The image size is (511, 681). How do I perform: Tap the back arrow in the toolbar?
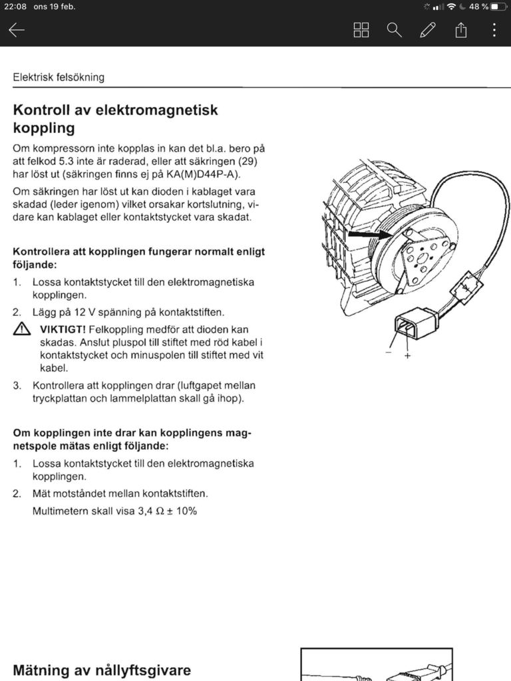click(17, 30)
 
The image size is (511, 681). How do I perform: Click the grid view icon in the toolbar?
click(361, 30)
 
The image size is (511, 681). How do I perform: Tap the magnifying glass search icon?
click(395, 30)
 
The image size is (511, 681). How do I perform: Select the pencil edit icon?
click(428, 30)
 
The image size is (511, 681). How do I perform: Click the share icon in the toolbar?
click(461, 30)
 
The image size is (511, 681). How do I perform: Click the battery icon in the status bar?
click(498, 7)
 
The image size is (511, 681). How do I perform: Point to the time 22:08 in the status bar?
click(15, 7)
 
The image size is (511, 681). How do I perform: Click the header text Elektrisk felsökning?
click(59, 77)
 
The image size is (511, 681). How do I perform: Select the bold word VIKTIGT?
click(63, 329)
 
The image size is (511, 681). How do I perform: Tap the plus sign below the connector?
click(407, 356)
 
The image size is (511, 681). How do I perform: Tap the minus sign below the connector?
click(389, 352)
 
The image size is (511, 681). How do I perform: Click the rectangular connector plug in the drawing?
click(415, 324)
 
